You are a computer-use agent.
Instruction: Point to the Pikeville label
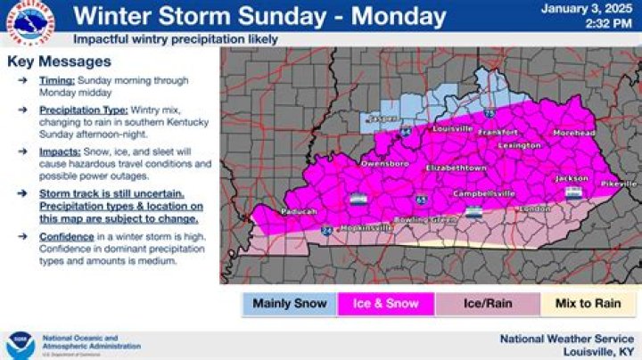click(619, 184)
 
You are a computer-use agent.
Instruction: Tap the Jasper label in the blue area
click(381, 119)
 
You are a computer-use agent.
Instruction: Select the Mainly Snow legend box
click(290, 304)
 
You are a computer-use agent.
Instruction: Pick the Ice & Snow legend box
click(385, 304)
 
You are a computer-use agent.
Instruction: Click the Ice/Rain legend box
click(487, 304)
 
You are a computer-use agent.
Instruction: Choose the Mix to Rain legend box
click(588, 304)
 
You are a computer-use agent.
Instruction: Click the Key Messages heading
click(59, 61)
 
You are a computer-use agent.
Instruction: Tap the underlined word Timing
click(57, 80)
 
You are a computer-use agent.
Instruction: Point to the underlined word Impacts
click(59, 152)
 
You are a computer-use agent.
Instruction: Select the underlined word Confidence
click(67, 237)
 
